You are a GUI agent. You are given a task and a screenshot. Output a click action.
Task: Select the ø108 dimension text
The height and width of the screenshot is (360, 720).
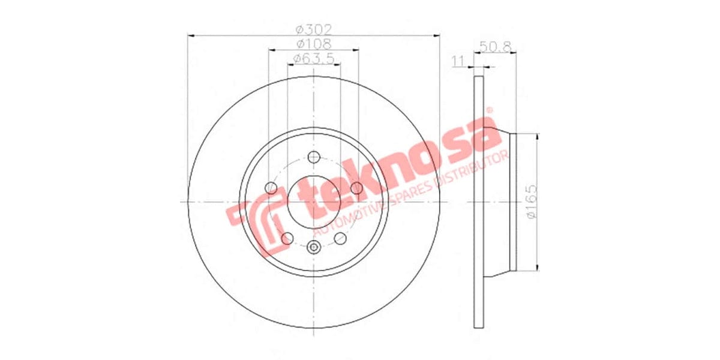pos(314,43)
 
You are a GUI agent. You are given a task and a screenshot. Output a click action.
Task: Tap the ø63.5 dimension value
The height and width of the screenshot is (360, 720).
pos(314,58)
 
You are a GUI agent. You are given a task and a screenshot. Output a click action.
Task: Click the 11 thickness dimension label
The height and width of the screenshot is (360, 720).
pos(460,60)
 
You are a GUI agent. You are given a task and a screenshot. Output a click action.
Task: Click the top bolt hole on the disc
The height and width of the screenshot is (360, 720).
pos(314,157)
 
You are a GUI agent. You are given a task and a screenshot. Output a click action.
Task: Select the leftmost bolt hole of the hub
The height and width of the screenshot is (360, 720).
pos(271,188)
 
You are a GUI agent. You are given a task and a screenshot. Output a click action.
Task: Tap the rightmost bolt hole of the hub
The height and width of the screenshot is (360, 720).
pos(356,188)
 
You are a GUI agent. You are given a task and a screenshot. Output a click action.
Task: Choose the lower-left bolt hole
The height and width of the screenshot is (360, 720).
pos(287,238)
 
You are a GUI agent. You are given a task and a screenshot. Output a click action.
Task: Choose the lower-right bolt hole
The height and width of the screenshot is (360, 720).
pos(340,238)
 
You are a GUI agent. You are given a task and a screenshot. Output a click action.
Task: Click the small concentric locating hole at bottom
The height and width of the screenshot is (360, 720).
pos(314,247)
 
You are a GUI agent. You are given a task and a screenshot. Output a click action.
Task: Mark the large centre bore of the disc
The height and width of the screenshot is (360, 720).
pos(314,202)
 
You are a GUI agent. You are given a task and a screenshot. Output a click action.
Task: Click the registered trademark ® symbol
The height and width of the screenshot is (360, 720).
pos(488,111)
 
